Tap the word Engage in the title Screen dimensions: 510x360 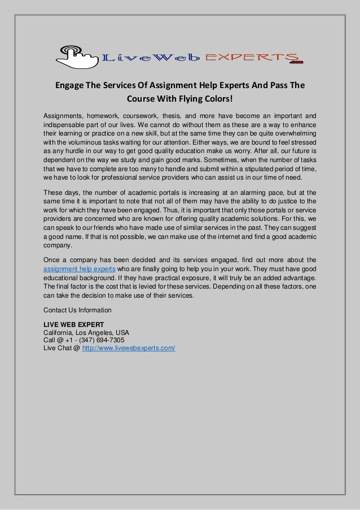click(69, 86)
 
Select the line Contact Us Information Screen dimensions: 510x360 click(77, 310)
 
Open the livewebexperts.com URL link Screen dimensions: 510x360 click(129, 348)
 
